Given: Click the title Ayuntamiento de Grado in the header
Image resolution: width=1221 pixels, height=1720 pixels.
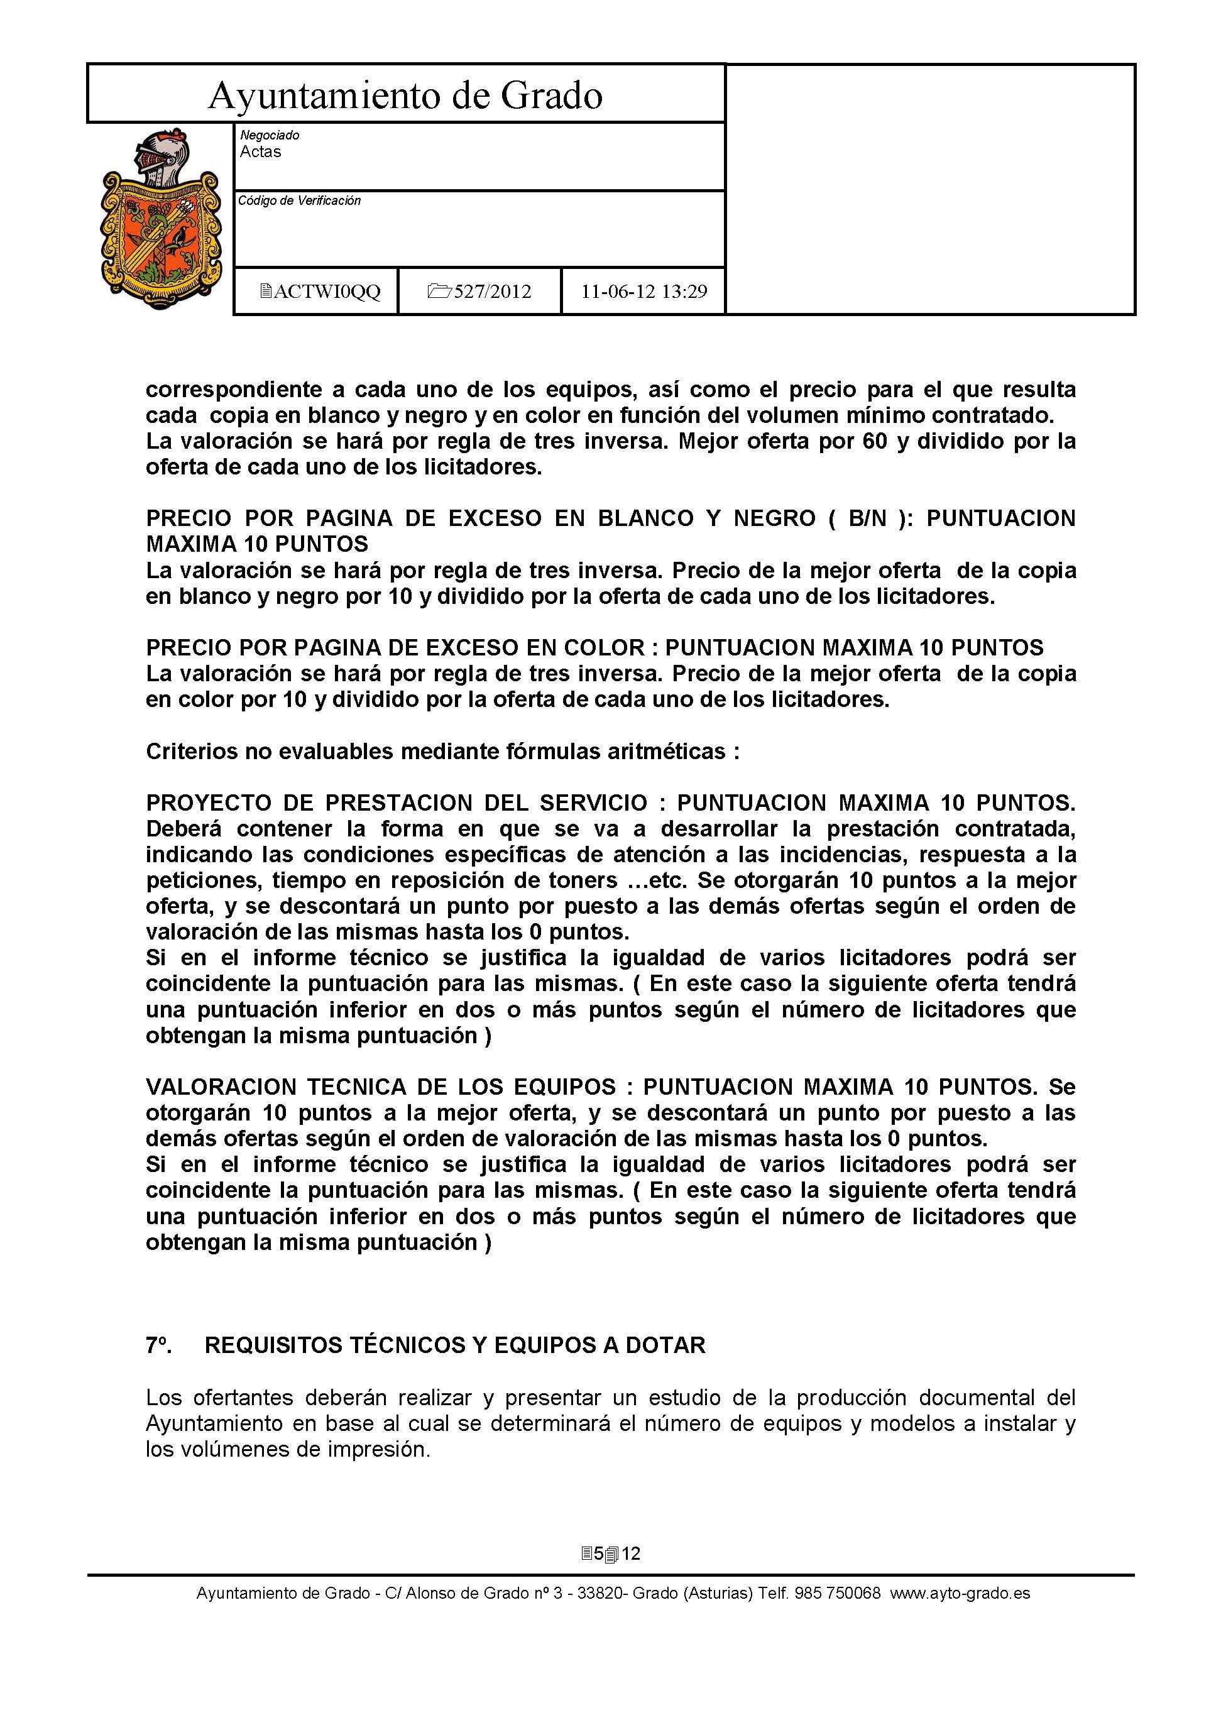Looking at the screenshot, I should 405,96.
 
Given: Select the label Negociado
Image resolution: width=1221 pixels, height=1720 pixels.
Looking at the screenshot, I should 269,135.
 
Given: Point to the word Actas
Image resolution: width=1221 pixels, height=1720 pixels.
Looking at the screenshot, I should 260,152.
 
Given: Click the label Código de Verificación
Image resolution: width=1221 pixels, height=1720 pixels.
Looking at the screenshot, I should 299,200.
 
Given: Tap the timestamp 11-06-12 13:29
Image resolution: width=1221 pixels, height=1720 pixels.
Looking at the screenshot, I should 643,292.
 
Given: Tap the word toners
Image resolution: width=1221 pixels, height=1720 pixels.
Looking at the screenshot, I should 578,880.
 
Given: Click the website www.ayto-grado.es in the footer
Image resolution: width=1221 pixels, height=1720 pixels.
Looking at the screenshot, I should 960,1593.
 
